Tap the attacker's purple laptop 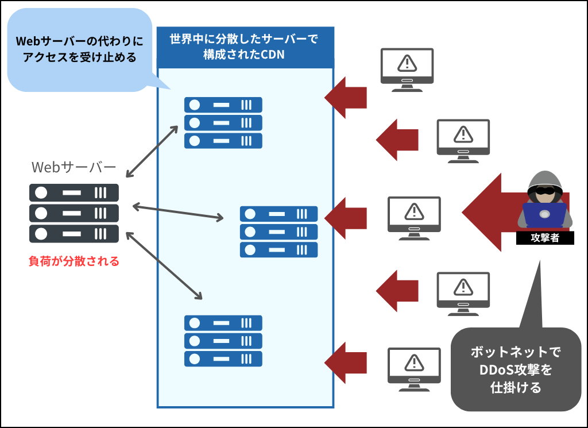[x=544, y=216]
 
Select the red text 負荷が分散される [x=74, y=261]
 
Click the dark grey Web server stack [x=74, y=213]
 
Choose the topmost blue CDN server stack [x=223, y=123]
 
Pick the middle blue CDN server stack [x=278, y=232]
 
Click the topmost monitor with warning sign [x=407, y=69]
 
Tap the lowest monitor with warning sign [x=413, y=368]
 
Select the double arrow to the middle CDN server [x=177, y=211]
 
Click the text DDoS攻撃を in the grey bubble [x=516, y=369]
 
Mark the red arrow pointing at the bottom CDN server [x=347, y=363]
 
